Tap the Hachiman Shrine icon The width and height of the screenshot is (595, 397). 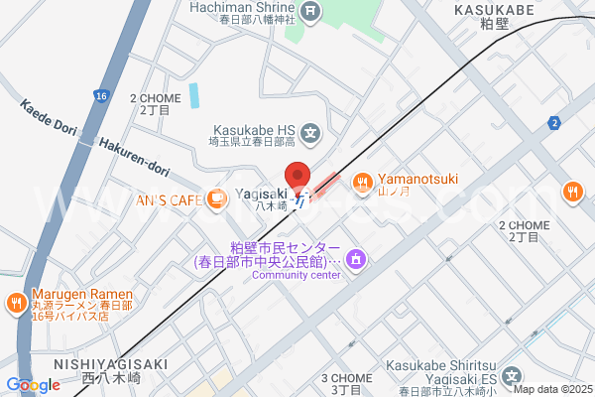coord(312,12)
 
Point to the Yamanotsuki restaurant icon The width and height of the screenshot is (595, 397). coord(362,181)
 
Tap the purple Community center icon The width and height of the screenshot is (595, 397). coord(357,261)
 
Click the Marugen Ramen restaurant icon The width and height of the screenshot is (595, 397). coord(17,302)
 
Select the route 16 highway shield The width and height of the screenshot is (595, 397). coord(101,95)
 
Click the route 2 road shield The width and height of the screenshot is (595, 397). coord(553,122)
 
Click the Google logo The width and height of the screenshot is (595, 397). coord(33,385)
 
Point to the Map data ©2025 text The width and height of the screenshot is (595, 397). coord(552,389)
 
